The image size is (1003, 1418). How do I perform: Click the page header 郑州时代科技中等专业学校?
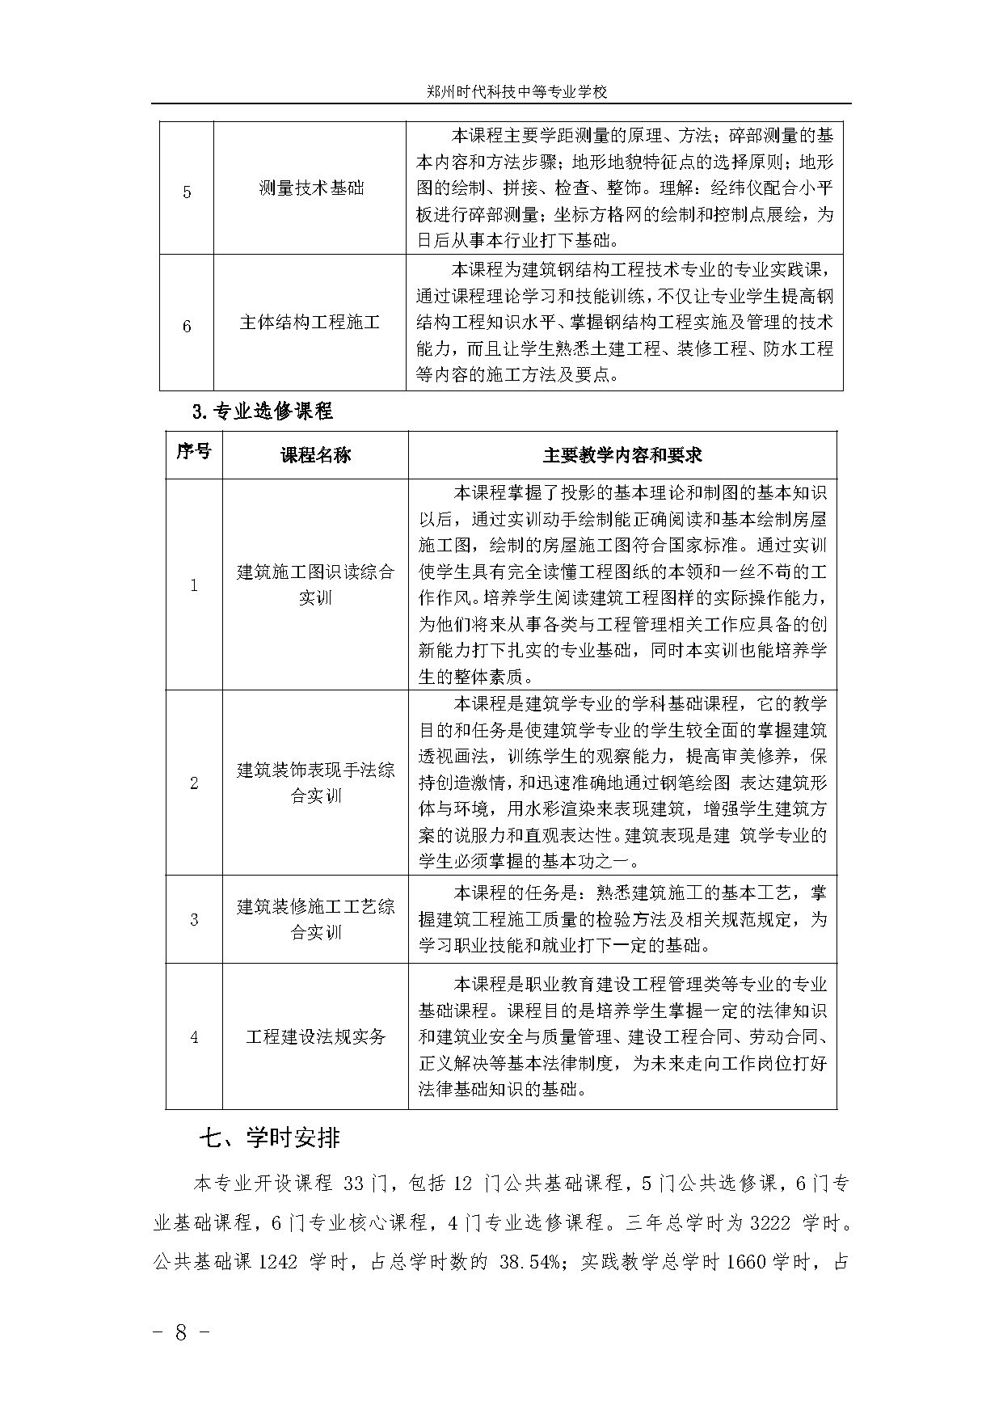pyautogui.click(x=517, y=92)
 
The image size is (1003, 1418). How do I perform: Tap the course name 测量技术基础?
pyautogui.click(x=311, y=188)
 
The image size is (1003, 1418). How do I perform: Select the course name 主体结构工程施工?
pyautogui.click(x=310, y=323)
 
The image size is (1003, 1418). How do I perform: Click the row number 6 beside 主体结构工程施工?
pyautogui.click(x=188, y=327)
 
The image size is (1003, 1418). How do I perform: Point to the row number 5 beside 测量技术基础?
pyautogui.click(x=188, y=192)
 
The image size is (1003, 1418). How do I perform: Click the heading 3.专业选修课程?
pyautogui.click(x=263, y=411)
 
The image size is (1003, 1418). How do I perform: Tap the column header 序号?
pyautogui.click(x=194, y=452)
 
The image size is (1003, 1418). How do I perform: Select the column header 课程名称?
pyautogui.click(x=315, y=455)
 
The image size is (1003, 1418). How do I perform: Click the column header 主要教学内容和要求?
pyautogui.click(x=622, y=455)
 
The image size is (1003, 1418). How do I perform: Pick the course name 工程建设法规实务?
pyautogui.click(x=316, y=1037)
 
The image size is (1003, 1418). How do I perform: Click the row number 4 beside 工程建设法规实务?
pyautogui.click(x=194, y=1037)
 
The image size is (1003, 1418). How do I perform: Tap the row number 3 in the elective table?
pyautogui.click(x=194, y=920)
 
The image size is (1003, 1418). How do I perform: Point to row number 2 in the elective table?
pyautogui.click(x=194, y=783)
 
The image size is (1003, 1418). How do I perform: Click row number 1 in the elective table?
pyautogui.click(x=194, y=585)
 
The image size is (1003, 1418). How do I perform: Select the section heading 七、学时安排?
pyautogui.click(x=270, y=1138)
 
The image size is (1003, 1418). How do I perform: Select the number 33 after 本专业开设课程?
pyautogui.click(x=354, y=1184)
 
